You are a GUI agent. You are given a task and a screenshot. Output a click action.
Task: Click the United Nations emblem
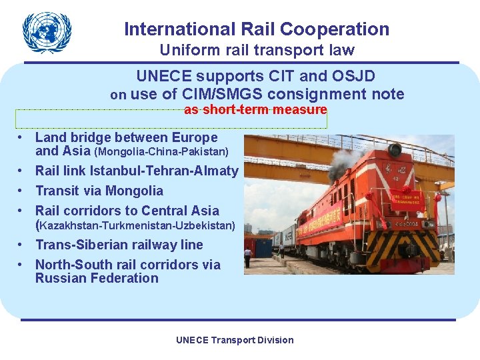point(46,32)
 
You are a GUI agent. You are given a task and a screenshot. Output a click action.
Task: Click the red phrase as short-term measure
point(255,109)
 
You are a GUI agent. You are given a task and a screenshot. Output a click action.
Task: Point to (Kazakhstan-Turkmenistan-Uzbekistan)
point(135,226)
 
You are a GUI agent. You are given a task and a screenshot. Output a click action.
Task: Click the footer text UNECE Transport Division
point(235,340)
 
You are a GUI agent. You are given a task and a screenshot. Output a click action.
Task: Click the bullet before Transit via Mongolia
point(22,191)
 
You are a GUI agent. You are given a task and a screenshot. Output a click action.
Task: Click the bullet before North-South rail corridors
point(22,265)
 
